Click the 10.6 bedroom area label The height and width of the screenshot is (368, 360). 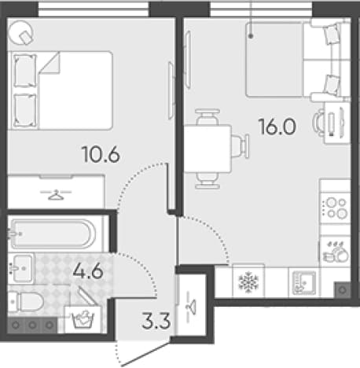[x=101, y=154]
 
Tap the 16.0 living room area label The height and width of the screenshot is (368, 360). [x=277, y=127]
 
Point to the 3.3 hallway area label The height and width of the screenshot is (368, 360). [x=156, y=321]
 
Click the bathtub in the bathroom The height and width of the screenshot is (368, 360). [x=53, y=234]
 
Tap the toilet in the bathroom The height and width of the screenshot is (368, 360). [x=25, y=302]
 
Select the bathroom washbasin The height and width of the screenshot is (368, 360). [x=21, y=268]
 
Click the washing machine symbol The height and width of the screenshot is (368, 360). [x=83, y=319]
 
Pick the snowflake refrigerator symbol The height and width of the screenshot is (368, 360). [x=248, y=282]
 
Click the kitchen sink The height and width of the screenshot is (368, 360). [x=304, y=282]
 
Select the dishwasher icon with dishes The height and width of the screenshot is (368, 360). [x=335, y=252]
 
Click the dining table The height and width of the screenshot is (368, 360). [x=208, y=149]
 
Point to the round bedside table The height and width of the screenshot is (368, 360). [x=21, y=32]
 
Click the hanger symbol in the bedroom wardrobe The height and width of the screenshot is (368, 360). [x=56, y=195]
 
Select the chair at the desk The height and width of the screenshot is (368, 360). [x=319, y=123]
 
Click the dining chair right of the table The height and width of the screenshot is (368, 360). [x=241, y=146]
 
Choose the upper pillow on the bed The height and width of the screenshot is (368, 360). [x=24, y=71]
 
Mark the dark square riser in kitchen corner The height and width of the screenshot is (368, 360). [x=343, y=290]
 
